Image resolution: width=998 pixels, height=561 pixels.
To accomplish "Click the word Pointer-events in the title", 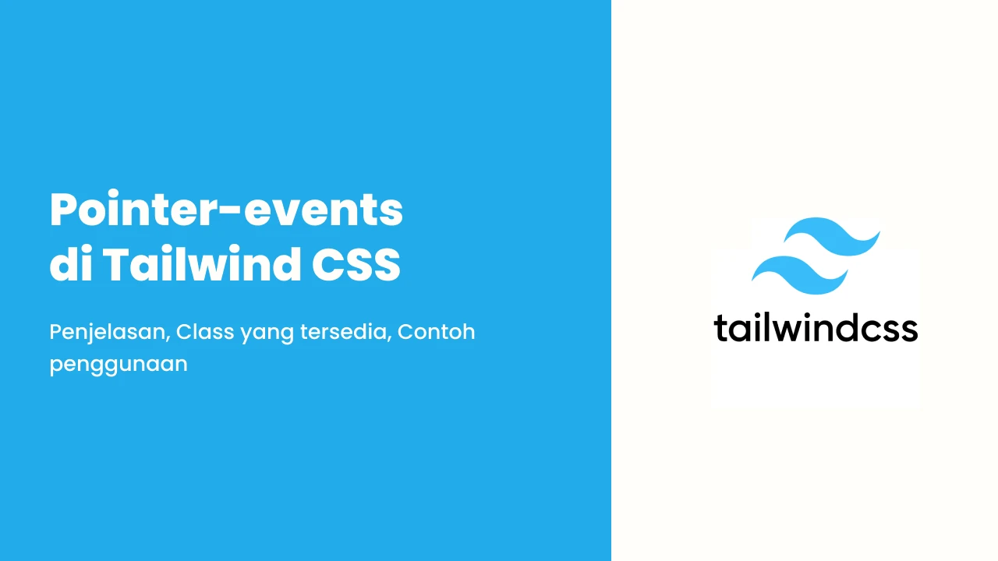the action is tap(226, 210).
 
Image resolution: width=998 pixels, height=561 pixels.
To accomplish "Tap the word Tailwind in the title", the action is tap(202, 263).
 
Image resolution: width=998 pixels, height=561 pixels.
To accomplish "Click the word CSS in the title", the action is tap(356, 264).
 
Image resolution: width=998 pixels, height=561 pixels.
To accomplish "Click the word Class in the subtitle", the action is tap(205, 332).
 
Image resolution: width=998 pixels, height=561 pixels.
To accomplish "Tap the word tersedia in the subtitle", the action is tap(344, 332).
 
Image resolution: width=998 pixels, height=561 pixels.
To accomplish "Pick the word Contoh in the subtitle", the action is tap(436, 332).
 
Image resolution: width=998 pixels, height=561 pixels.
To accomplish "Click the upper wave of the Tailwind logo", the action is tap(832, 236).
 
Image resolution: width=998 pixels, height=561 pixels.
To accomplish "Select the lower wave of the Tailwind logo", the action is tap(800, 275).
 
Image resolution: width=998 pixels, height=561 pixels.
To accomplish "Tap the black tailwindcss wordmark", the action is tap(816, 328).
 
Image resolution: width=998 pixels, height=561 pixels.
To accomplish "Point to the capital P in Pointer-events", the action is tap(65, 210).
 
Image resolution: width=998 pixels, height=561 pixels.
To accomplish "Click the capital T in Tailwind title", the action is tap(118, 264).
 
